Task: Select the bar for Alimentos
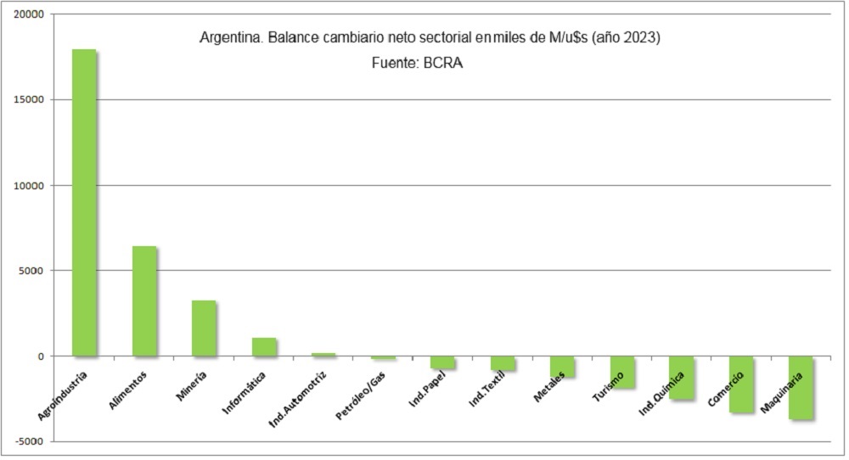coord(144,300)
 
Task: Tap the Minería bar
coord(204,328)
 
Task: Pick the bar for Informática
coord(264,346)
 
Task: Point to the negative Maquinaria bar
coord(801,387)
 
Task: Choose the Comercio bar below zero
coord(741,384)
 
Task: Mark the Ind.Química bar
coord(682,377)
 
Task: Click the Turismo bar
coord(622,372)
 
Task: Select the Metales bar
coord(562,366)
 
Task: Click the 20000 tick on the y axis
coord(34,14)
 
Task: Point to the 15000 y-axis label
coord(34,100)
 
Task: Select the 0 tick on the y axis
coord(41,356)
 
